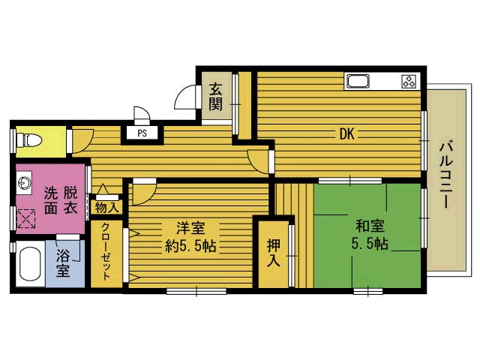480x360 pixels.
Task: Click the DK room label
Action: (x=346, y=134)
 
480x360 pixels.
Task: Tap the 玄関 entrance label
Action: (x=215, y=97)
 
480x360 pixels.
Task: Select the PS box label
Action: (x=142, y=133)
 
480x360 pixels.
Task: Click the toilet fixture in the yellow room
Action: (x=28, y=140)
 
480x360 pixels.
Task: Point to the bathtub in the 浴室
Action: (x=30, y=264)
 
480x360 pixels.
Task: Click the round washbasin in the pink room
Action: (x=24, y=183)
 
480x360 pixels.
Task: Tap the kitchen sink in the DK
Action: (x=358, y=82)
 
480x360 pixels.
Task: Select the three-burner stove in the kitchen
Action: (x=409, y=82)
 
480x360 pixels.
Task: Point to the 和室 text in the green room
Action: (x=370, y=226)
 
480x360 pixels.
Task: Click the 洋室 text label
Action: (x=190, y=228)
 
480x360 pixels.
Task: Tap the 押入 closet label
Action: (x=273, y=253)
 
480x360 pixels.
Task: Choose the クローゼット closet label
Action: (x=106, y=252)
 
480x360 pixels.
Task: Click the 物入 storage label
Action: (x=106, y=208)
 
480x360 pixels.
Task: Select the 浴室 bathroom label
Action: (x=63, y=263)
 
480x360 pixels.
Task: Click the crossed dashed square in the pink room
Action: (x=26, y=218)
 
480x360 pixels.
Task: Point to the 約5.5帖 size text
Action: (x=190, y=246)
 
